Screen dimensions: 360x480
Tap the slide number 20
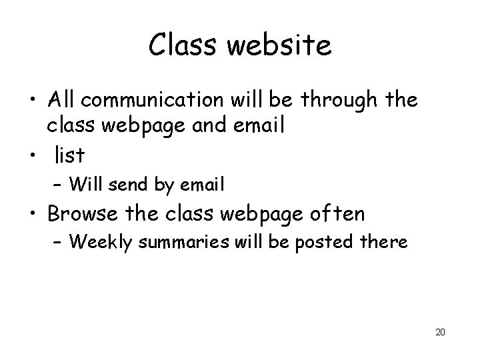[439, 331]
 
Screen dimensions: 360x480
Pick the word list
[69, 155]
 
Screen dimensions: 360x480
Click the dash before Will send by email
[58, 183]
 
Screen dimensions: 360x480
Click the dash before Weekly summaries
[58, 242]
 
